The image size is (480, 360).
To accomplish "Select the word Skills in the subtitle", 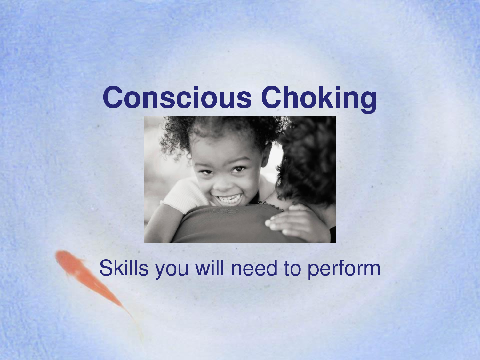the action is pyautogui.click(x=124, y=268).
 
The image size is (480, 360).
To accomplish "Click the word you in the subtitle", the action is pyautogui.click(x=172, y=270).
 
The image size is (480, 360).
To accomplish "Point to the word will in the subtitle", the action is pyautogui.click(x=210, y=268).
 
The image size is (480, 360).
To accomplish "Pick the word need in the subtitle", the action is pyautogui.click(x=254, y=268).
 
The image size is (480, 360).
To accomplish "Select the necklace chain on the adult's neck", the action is pyautogui.click(x=270, y=206).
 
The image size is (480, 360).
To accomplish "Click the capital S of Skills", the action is pyautogui.click(x=106, y=268).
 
